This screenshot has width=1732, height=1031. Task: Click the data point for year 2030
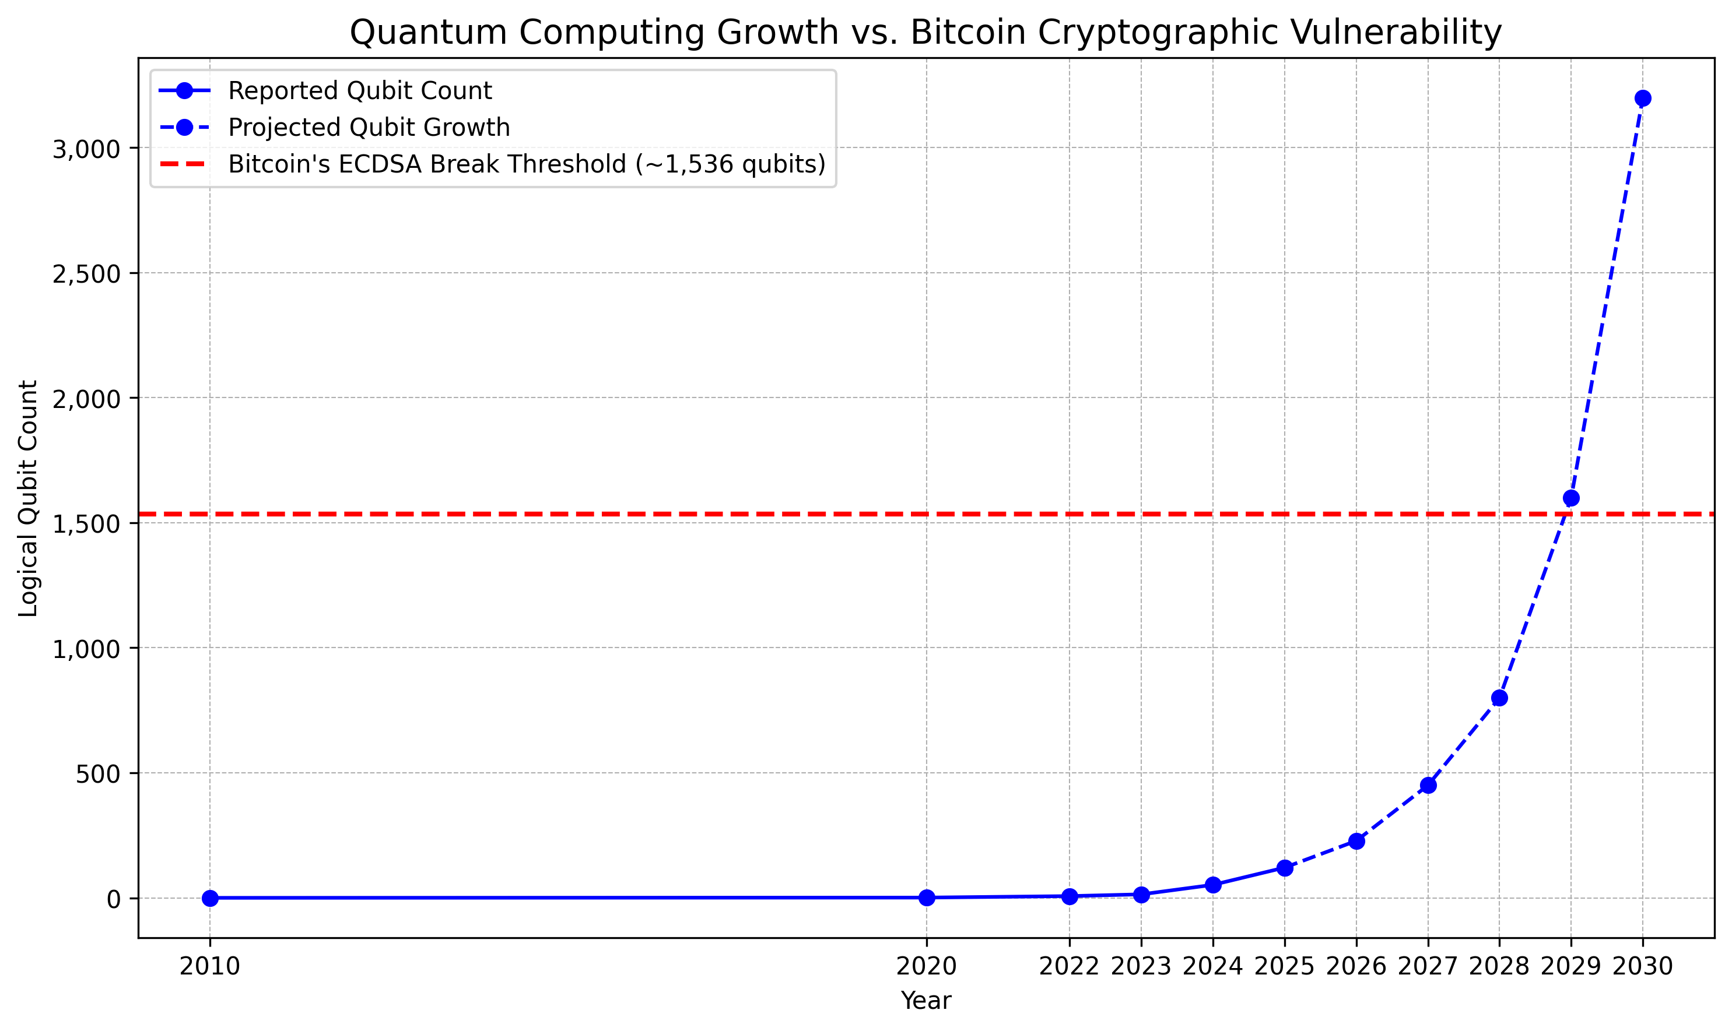[1643, 98]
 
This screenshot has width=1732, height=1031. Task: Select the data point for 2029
[1570, 498]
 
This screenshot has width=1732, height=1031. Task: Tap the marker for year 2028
[1499, 698]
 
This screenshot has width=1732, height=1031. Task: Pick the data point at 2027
[1428, 786]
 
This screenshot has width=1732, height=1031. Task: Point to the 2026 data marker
[1356, 842]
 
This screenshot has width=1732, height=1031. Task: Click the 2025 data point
[1284, 868]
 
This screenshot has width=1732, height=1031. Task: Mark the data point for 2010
[210, 898]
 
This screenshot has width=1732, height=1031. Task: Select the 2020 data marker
[927, 898]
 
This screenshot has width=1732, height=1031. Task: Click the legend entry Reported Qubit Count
[359, 91]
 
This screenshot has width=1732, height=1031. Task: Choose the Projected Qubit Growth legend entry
[369, 128]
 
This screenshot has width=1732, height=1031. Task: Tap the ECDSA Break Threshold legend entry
[526, 165]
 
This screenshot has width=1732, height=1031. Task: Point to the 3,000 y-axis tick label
[86, 149]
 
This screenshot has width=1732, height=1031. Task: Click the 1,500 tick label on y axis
[86, 524]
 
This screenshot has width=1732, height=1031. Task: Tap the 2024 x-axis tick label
[1213, 966]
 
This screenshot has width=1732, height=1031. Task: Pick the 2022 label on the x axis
[1069, 966]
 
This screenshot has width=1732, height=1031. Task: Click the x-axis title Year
[925, 1001]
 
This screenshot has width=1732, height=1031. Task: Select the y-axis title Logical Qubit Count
[29, 498]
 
